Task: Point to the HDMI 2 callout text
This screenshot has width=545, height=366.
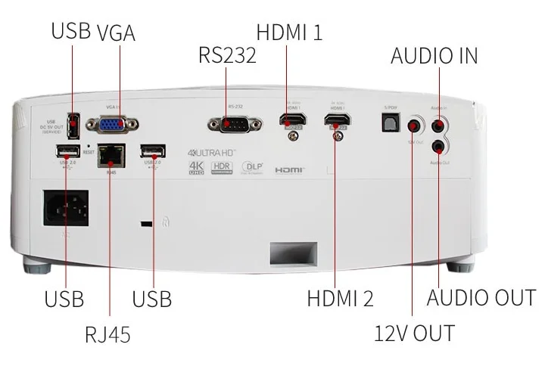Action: [340, 297]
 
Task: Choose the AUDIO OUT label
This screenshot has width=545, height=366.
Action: [481, 296]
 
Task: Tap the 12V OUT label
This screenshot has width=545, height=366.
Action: [415, 332]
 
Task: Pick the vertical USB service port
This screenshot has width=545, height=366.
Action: [73, 124]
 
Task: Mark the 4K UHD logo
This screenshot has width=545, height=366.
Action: [197, 167]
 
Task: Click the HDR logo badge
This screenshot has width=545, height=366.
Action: [220, 167]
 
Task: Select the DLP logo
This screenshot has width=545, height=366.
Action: [251, 167]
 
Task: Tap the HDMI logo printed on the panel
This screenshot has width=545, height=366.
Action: [288, 169]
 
